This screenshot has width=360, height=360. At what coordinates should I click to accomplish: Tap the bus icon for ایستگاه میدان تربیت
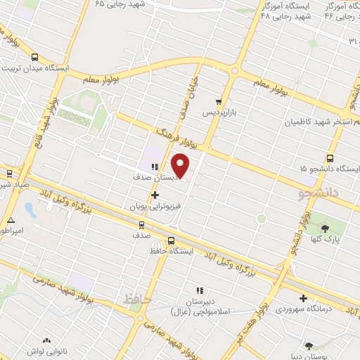click(x=35, y=57)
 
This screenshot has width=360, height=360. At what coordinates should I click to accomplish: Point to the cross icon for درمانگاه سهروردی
click(x=303, y=298)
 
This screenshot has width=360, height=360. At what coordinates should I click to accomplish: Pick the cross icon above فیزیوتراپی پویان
click(x=155, y=195)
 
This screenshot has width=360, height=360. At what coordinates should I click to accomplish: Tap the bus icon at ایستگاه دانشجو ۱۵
click(x=330, y=158)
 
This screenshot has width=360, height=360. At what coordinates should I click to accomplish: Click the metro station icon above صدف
click(x=141, y=225)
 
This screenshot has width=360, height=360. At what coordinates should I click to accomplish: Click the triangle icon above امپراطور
click(x=10, y=219)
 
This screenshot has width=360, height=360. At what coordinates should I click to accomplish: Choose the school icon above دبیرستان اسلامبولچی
click(x=200, y=290)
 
